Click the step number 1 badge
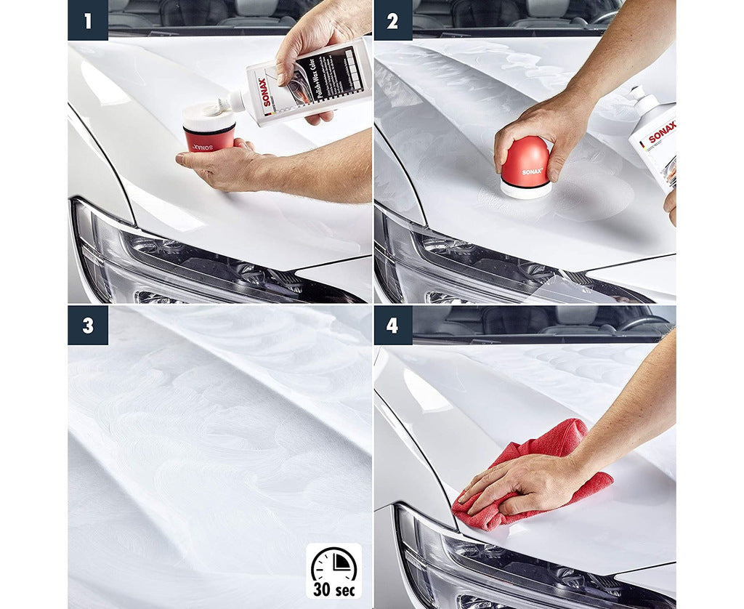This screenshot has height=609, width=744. (x=88, y=20)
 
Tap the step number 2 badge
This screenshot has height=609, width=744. (x=392, y=20)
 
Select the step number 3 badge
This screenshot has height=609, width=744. (x=88, y=325)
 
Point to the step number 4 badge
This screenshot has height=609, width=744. (x=392, y=325)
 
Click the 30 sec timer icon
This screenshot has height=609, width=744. (x=333, y=570)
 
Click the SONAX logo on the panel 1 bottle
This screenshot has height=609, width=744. (x=265, y=92)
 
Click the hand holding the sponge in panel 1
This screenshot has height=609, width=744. (x=225, y=167)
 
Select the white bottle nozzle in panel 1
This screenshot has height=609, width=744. (x=236, y=102)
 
